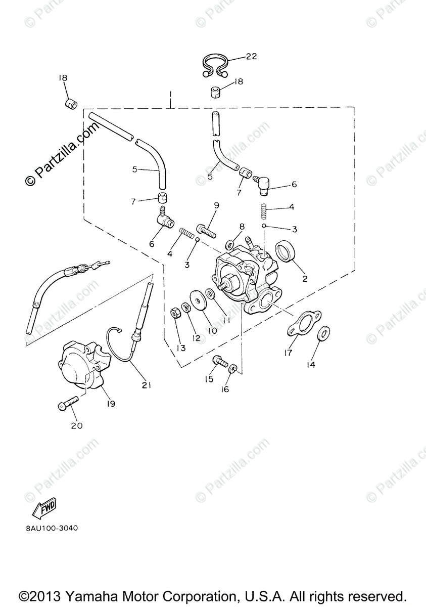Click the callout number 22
(x=251, y=57)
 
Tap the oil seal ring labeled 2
(x=286, y=251)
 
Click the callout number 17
(x=288, y=353)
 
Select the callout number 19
(x=111, y=404)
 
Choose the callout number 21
(x=147, y=385)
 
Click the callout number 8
(x=242, y=226)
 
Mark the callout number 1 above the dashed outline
(x=171, y=95)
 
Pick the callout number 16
(x=225, y=389)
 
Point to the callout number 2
(x=305, y=278)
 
